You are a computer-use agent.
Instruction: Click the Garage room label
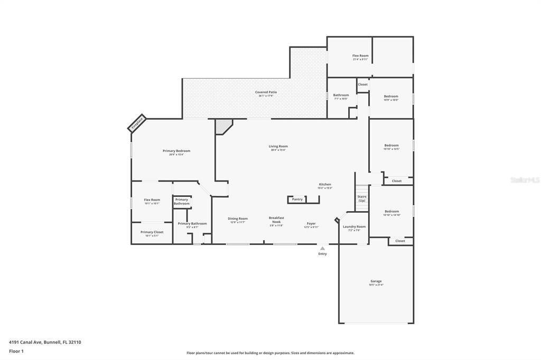pyautogui.click(x=376, y=281)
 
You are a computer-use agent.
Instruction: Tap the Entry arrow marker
pyautogui.click(x=322, y=248)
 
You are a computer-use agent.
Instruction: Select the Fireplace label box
pyautogui.click(x=136, y=123)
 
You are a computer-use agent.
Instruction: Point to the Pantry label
pyautogui.click(x=297, y=200)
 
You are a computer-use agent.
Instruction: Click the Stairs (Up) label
pyautogui.click(x=362, y=199)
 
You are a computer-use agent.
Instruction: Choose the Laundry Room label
pyautogui.click(x=354, y=227)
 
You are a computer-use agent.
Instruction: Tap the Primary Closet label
pyautogui.click(x=152, y=232)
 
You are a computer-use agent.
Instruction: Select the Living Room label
pyautogui.click(x=278, y=147)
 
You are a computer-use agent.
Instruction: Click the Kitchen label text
pyautogui.click(x=324, y=185)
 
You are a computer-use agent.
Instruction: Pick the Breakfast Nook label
pyautogui.click(x=276, y=220)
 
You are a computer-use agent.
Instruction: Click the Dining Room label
pyautogui.click(x=238, y=219)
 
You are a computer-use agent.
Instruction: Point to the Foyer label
pyautogui.click(x=311, y=223)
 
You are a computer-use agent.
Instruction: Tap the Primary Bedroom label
pyautogui.click(x=176, y=151)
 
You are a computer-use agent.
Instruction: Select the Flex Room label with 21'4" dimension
pyautogui.click(x=360, y=56)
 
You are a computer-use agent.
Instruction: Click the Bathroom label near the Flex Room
pyautogui.click(x=341, y=96)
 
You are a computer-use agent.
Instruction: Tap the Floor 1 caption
pyautogui.click(x=16, y=350)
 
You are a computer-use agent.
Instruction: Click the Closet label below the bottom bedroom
pyautogui.click(x=400, y=241)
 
